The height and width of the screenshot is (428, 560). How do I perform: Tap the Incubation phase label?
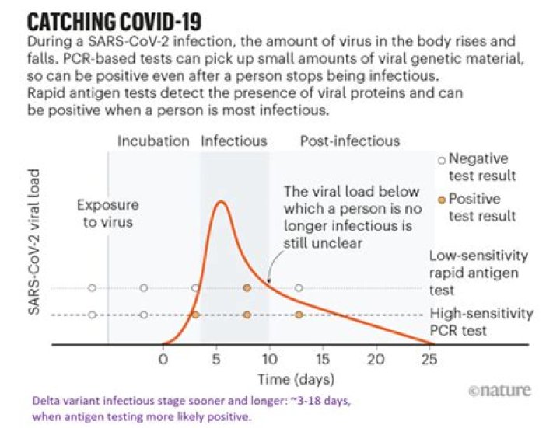click(153, 141)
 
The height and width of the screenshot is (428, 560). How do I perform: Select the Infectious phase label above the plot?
click(234, 141)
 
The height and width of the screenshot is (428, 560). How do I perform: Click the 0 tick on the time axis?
click(163, 360)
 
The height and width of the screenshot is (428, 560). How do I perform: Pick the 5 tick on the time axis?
click(216, 360)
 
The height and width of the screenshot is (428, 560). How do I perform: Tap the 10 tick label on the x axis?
click(269, 360)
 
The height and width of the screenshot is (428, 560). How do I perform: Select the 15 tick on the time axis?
click(323, 360)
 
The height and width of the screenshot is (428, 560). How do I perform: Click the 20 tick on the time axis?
click(376, 360)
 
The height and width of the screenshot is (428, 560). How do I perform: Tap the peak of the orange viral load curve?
click(222, 202)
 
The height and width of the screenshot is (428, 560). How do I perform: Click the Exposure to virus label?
click(107, 213)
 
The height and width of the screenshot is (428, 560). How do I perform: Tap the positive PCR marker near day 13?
click(299, 315)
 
